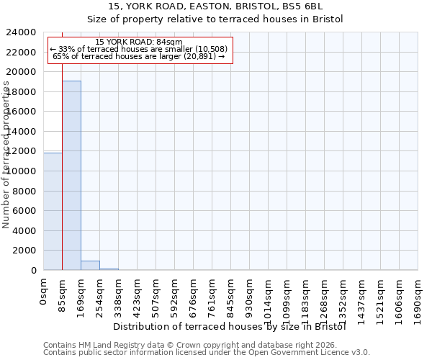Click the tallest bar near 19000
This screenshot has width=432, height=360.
[71, 175]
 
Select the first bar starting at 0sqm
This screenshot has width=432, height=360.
[53, 211]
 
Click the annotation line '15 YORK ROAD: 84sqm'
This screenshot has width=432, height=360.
[139, 42]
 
